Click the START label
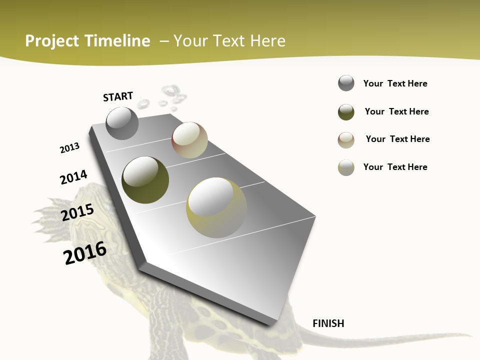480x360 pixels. point(118,96)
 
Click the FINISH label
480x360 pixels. point(328,323)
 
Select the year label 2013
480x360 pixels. point(69,148)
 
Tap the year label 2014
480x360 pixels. point(73,177)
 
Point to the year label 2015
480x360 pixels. point(77,212)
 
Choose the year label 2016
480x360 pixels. point(85,252)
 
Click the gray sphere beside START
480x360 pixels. point(122,123)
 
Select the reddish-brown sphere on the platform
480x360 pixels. point(189,140)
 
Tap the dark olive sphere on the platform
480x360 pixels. point(145,180)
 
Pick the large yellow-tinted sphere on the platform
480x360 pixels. point(216,207)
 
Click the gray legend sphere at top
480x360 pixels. point(346,83)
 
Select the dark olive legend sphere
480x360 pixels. point(346,112)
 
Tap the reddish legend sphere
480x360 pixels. point(346,140)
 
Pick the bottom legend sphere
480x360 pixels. point(346,167)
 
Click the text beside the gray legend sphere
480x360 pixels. point(395,83)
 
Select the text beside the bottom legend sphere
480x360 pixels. point(395,167)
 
